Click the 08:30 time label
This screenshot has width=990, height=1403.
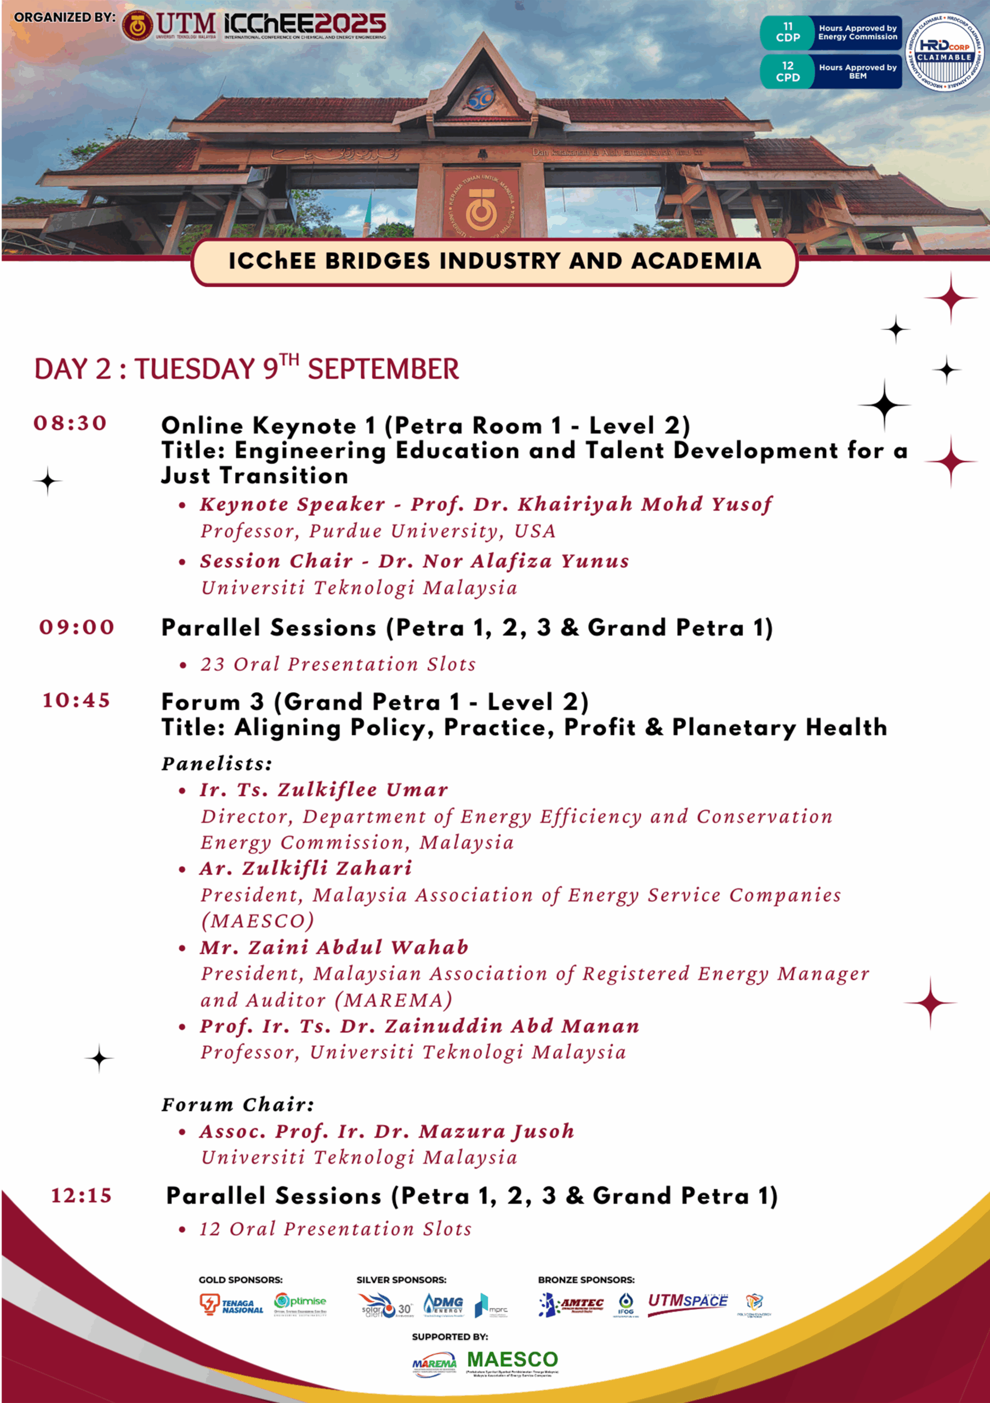tap(70, 423)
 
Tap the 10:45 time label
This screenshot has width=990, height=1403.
tap(76, 700)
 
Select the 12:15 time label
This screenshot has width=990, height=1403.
tap(81, 1195)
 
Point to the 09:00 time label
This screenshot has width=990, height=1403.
tap(77, 627)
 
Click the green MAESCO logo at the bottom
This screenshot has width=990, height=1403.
tap(512, 1360)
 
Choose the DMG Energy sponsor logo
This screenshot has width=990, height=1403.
tap(443, 1305)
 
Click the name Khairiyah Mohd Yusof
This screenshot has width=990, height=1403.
tap(645, 504)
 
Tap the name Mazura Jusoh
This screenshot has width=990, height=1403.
tap(496, 1131)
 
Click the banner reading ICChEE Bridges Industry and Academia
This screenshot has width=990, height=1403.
tap(494, 261)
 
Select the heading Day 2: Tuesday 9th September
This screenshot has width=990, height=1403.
tap(246, 368)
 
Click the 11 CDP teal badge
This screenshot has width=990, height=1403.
tap(788, 32)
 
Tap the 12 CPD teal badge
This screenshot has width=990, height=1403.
tap(788, 71)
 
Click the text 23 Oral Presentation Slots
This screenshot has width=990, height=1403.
tap(338, 664)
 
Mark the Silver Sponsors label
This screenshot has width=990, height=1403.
tap(401, 1280)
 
